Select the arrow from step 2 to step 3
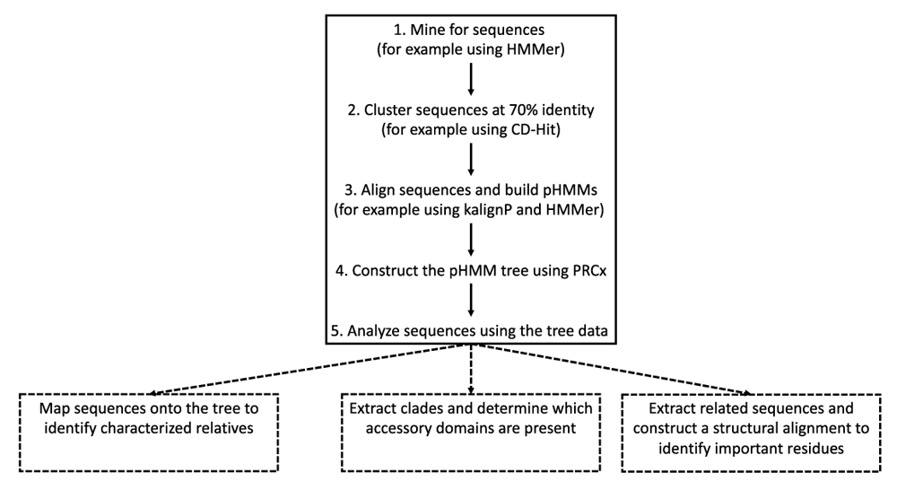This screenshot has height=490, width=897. (x=470, y=159)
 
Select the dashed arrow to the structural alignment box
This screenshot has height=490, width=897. (x=628, y=370)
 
